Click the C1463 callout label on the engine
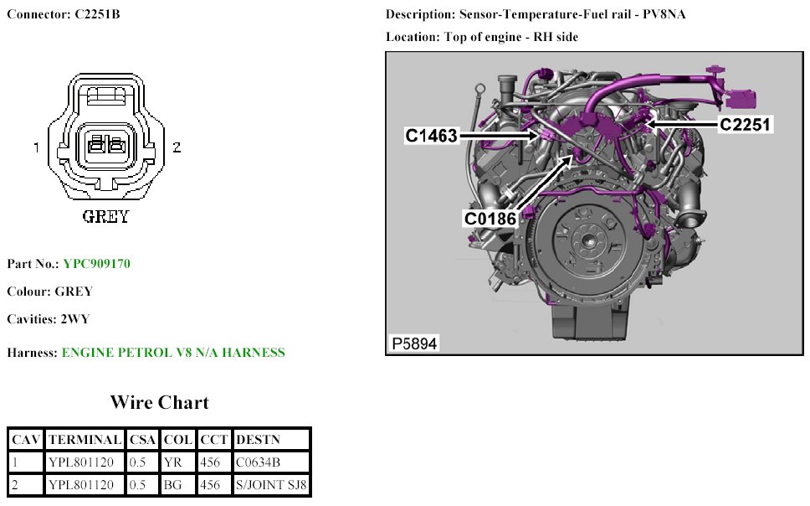coord(433,134)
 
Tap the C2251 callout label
coord(745,124)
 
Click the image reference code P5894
coord(414,343)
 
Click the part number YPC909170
coord(96,264)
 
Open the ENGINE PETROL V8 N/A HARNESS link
coord(173,353)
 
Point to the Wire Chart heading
coord(159,402)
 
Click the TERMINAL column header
coord(85,439)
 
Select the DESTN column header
coord(259,439)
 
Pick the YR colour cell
coord(172,462)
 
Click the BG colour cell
coord(172,484)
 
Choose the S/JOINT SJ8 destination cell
coord(272,484)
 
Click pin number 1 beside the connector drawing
coord(37,147)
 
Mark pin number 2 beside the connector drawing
coord(177,147)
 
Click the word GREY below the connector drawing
coord(105,217)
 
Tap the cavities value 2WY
coord(74,319)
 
